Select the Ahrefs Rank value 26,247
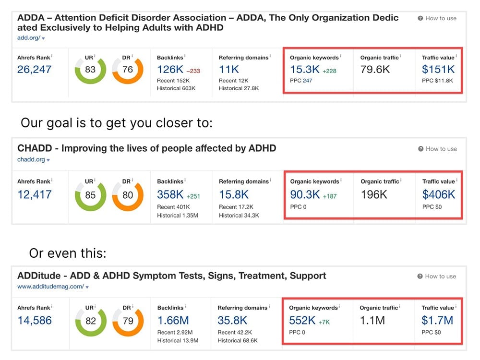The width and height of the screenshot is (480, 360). tap(34, 70)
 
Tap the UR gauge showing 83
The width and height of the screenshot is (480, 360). tap(90, 70)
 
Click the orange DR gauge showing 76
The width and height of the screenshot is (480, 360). tap(128, 70)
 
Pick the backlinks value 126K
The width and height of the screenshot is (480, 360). tap(170, 70)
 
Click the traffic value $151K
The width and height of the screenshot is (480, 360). tap(438, 70)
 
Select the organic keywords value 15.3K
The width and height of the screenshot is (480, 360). tap(305, 70)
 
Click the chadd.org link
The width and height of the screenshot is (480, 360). tap(31, 160)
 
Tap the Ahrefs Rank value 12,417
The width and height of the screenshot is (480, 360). tap(34, 194)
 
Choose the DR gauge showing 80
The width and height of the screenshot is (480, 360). tap(128, 194)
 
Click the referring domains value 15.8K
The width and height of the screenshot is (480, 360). tap(234, 194)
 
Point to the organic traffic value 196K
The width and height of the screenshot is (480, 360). tap(374, 194)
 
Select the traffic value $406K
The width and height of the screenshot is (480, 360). tap(439, 194)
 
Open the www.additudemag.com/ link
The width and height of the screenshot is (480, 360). tap(50, 287)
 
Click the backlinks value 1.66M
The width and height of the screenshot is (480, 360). tap(173, 320)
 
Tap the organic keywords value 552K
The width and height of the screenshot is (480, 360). tap(302, 320)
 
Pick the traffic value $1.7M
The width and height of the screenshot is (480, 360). tap(437, 320)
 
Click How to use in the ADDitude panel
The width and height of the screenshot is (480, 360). tap(440, 276)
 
